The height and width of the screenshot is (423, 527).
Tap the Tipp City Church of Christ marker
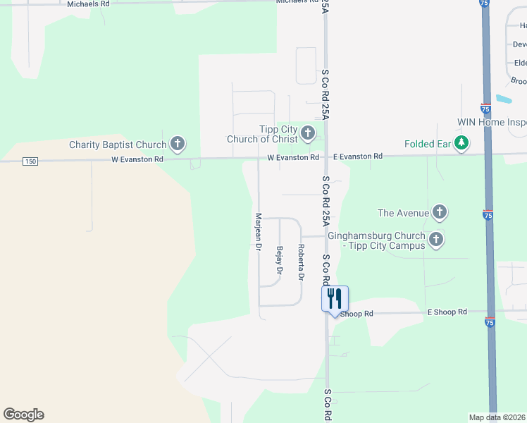pos(308,133)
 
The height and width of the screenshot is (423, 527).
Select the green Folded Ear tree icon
pos(461,144)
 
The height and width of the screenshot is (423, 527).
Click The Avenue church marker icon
pos(440,212)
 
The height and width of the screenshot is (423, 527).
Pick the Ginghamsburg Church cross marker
pos(436,240)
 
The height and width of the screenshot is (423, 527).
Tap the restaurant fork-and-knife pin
pos(335,298)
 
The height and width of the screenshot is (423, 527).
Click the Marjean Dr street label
pos(259,232)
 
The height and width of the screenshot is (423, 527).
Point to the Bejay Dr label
pos(280,260)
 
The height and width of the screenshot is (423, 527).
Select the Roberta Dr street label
pos(301,262)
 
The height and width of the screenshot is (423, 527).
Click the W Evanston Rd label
pos(137,160)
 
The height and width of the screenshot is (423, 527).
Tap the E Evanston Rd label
pos(357,157)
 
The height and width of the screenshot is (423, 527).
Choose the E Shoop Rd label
pos(447,312)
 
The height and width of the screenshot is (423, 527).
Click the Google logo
pos(23,415)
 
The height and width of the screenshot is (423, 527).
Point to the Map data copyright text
pos(497,417)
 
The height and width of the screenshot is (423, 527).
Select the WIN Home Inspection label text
pos(492,121)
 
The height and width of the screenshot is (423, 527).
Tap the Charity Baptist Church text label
pos(117,145)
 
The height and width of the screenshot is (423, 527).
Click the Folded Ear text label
pos(427,144)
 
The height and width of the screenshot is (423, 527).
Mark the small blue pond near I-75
pos(504,99)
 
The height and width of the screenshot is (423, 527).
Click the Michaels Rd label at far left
pos(89,4)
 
